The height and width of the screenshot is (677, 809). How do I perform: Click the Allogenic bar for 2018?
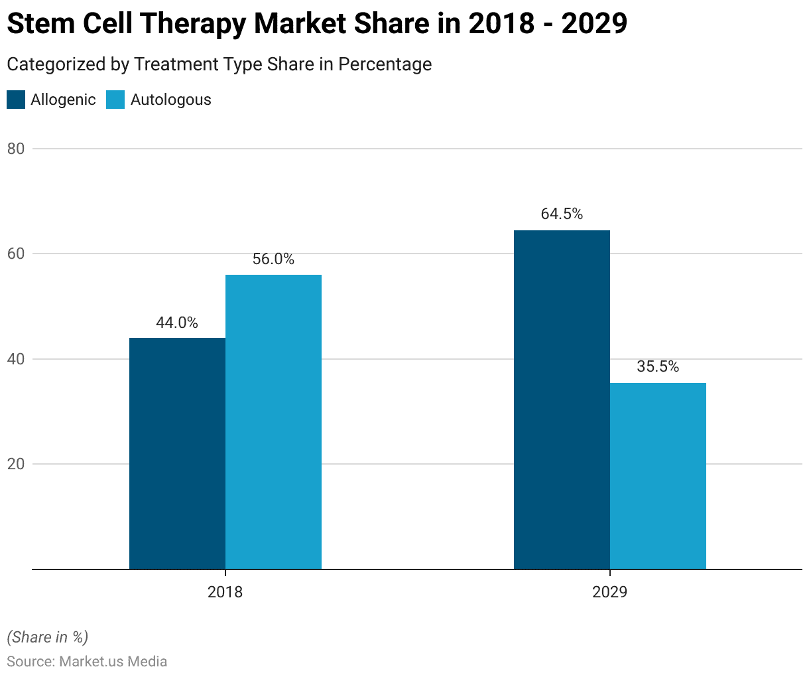tap(177, 453)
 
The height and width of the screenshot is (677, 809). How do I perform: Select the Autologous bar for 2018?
tap(273, 422)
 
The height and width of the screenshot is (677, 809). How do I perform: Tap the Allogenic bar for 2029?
tap(562, 400)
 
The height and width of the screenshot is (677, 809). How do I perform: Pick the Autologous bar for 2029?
tap(658, 476)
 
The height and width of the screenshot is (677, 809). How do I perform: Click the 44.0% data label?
tap(177, 323)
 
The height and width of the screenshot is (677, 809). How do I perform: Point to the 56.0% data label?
tap(273, 260)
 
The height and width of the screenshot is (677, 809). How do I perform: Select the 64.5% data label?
tap(562, 214)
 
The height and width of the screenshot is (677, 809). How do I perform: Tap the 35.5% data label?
tap(658, 367)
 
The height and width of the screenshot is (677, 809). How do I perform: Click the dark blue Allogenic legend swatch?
tap(16, 100)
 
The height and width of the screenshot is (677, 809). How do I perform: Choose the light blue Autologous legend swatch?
tap(115, 100)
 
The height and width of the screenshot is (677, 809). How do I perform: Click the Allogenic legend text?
tap(63, 100)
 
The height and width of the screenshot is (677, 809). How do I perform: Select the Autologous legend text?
tap(170, 100)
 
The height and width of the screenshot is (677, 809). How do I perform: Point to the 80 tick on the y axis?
tap(16, 149)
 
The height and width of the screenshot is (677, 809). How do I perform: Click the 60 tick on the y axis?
tap(16, 254)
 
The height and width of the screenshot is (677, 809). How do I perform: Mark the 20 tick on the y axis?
tap(16, 465)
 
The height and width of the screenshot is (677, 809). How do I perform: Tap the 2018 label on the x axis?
tap(225, 592)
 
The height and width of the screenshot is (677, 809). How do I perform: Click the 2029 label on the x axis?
tap(610, 592)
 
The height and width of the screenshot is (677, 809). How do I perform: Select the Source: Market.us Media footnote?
tap(87, 662)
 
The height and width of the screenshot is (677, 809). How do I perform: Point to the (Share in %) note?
tap(48, 637)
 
